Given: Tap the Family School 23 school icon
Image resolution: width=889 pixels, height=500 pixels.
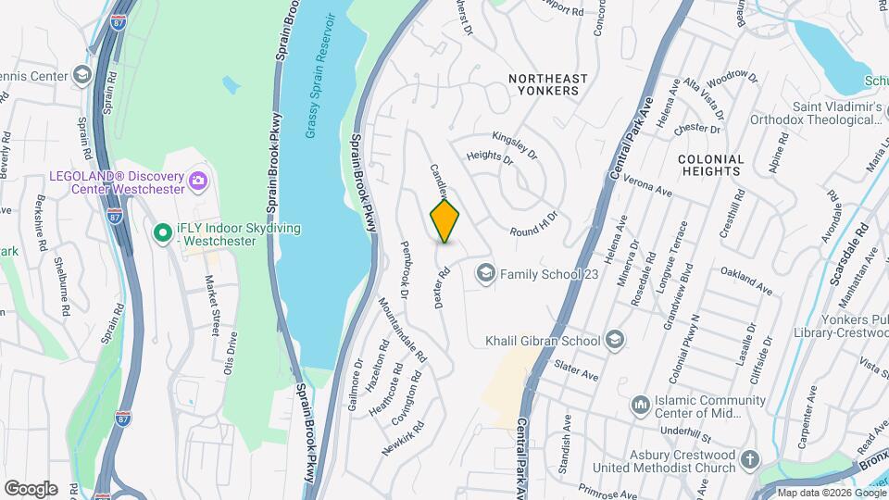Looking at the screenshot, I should [x=484, y=273].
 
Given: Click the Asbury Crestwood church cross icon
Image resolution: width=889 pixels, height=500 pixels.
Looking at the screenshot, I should [x=750, y=459].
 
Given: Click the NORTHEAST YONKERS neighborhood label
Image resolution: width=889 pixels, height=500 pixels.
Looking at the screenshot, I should [x=544, y=84].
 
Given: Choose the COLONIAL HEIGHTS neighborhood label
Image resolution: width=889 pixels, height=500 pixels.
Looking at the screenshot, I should [x=711, y=164].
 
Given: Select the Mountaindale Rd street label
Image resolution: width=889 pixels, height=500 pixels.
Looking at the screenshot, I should [x=404, y=330].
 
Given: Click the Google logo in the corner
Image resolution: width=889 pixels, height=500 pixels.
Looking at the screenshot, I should [x=31, y=488].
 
